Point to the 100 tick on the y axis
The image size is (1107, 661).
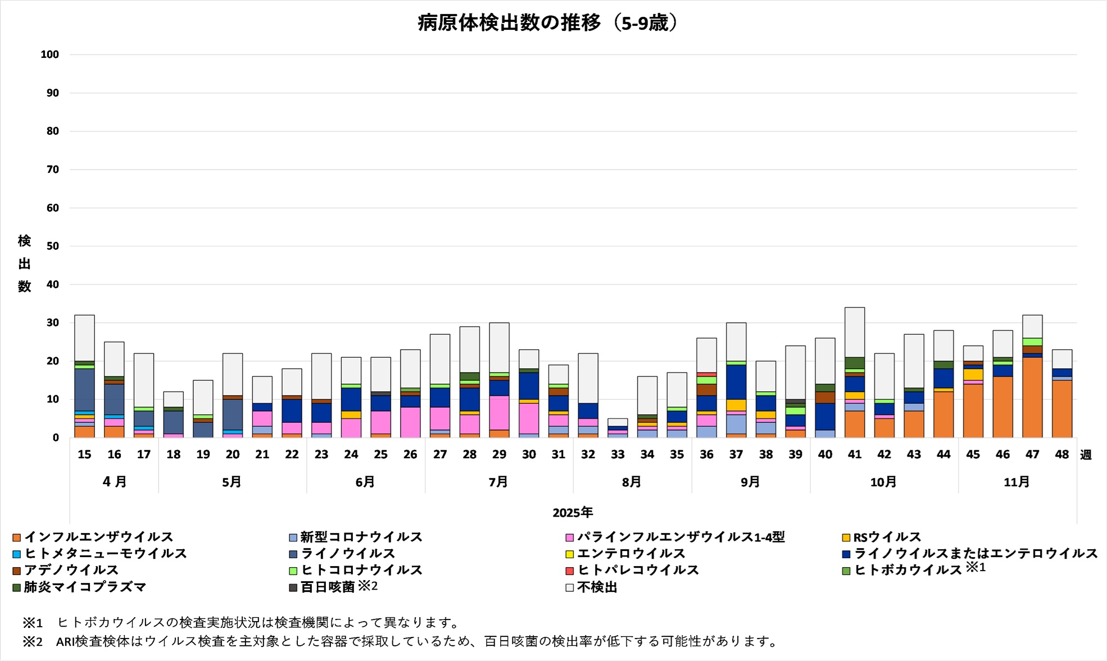(50, 54)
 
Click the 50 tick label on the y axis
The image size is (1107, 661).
(52, 246)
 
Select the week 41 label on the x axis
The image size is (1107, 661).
(855, 454)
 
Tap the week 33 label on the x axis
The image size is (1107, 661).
(618, 454)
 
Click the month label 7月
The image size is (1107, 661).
(498, 482)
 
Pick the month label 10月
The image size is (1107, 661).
(883, 482)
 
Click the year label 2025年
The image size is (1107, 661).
(573, 512)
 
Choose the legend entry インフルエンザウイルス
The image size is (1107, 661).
(98, 537)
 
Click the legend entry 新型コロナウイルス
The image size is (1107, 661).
(361, 537)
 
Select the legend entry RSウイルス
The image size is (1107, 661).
(887, 537)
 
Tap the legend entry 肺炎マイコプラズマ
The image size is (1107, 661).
(84, 587)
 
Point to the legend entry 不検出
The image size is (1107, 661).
(597, 587)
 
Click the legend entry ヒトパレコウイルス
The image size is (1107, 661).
(638, 570)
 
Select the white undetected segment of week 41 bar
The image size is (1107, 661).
(855, 332)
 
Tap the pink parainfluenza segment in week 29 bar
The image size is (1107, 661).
(499, 413)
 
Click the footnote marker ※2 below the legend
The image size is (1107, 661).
(33, 641)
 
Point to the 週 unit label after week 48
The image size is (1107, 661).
(1086, 455)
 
